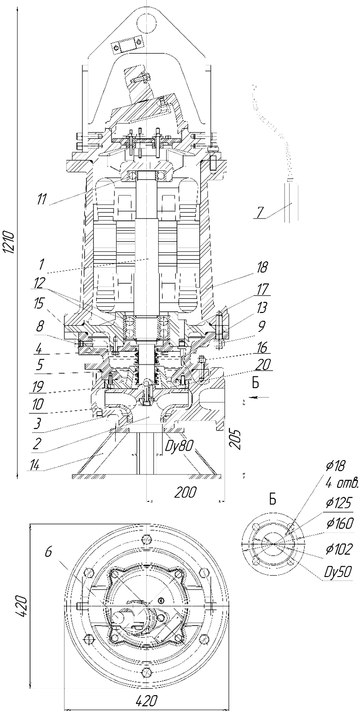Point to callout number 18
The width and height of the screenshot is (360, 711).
[x=262, y=267]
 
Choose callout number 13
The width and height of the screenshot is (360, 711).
[x=261, y=307]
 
